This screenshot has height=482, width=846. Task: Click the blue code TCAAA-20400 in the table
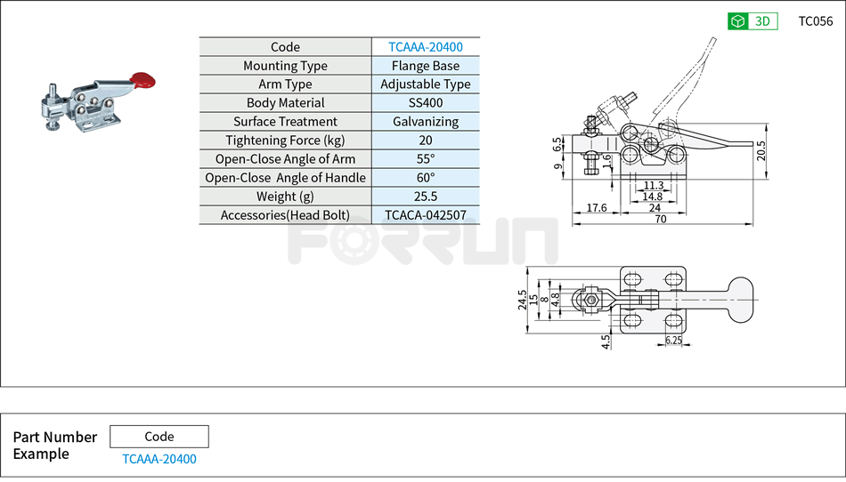425,47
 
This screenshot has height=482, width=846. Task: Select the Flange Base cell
425,66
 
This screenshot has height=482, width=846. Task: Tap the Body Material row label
285,103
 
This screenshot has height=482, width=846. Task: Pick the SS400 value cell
425,103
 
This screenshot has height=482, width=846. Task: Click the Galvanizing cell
425,122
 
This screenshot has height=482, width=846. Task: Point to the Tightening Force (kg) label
285,141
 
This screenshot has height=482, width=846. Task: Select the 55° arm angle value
425,159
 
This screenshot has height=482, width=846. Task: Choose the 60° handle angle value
425,178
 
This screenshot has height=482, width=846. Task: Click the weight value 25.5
425,197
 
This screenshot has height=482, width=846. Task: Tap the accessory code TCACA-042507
425,215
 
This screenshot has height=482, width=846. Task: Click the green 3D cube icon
737,21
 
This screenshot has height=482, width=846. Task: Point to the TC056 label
815,21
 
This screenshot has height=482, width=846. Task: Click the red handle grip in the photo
142,80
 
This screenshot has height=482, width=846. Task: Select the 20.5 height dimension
760,150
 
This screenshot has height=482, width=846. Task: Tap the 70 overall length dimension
660,219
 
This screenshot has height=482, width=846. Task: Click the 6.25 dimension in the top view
674,341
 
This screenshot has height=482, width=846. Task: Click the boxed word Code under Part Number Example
159,437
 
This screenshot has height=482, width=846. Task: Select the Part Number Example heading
54,446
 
